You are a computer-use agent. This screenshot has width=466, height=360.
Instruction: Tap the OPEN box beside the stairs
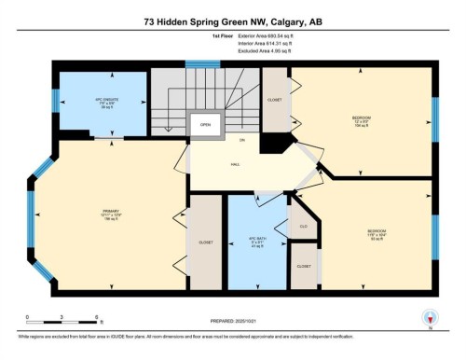tap(205, 124)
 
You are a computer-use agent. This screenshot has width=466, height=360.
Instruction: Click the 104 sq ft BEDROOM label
tap(361, 120)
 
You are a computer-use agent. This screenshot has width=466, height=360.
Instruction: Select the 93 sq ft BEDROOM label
tap(377, 233)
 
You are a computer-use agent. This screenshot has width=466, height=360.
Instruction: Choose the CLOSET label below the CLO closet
tap(304, 266)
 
